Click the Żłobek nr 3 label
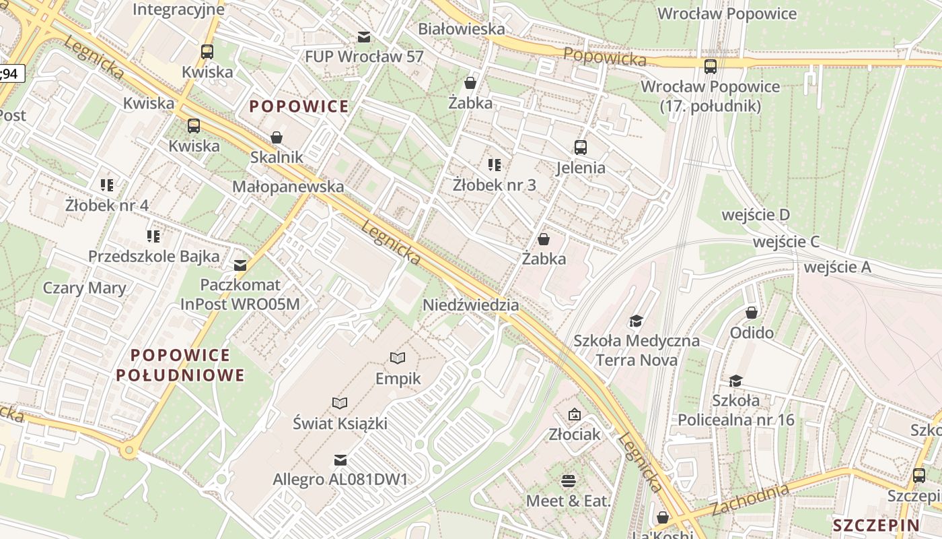click(495, 185)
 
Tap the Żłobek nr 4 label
click(107, 205)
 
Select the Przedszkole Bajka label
click(154, 256)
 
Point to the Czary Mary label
click(84, 288)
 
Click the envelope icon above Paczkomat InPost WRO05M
click(240, 265)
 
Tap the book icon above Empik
click(398, 358)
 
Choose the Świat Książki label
click(340, 424)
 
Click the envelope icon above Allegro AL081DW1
click(340, 460)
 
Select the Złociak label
click(574, 434)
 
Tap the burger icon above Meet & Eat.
click(569, 481)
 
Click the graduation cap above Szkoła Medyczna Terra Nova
click(636, 321)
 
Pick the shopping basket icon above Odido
click(752, 313)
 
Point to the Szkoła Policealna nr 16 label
click(736, 410)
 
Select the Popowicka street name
click(605, 57)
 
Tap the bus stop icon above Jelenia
click(580, 148)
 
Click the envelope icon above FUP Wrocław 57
click(364, 36)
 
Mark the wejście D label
click(755, 215)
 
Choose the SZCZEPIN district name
click(876, 526)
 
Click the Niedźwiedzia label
click(470, 305)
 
